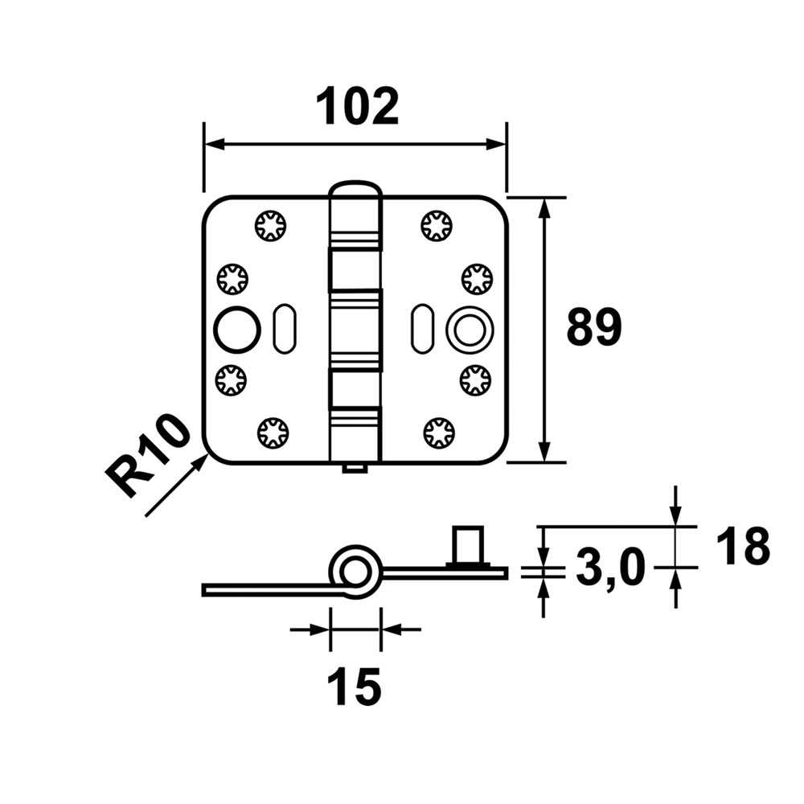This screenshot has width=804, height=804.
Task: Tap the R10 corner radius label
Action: point(150,457)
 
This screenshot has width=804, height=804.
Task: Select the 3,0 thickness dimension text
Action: point(612,570)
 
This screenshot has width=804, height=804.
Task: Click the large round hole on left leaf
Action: point(236,329)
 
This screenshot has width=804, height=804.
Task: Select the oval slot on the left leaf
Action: point(283,329)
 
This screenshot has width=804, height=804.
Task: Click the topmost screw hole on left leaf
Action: point(271,226)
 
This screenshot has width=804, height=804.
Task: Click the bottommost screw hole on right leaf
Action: point(438,433)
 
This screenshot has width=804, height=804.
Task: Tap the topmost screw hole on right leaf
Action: point(437,226)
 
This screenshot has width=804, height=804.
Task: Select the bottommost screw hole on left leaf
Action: point(273,433)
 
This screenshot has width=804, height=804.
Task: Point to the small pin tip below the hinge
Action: point(355,468)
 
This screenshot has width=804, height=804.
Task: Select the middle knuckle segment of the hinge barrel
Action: point(355,329)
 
